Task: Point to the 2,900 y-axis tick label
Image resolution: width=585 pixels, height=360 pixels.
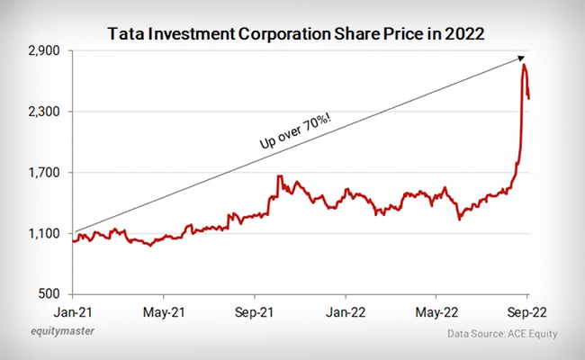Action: [x=43, y=51]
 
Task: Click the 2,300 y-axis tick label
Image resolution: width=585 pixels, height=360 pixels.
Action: [x=43, y=112]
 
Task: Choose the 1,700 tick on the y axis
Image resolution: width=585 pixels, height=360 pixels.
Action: [x=43, y=173]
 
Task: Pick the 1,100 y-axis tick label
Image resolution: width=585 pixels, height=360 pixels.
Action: [x=43, y=234]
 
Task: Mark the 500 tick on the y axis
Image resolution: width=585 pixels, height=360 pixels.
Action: [x=49, y=294]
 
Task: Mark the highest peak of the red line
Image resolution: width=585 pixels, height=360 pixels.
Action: [x=524, y=66]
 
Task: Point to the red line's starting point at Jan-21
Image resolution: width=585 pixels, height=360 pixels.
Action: [x=73, y=241]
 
